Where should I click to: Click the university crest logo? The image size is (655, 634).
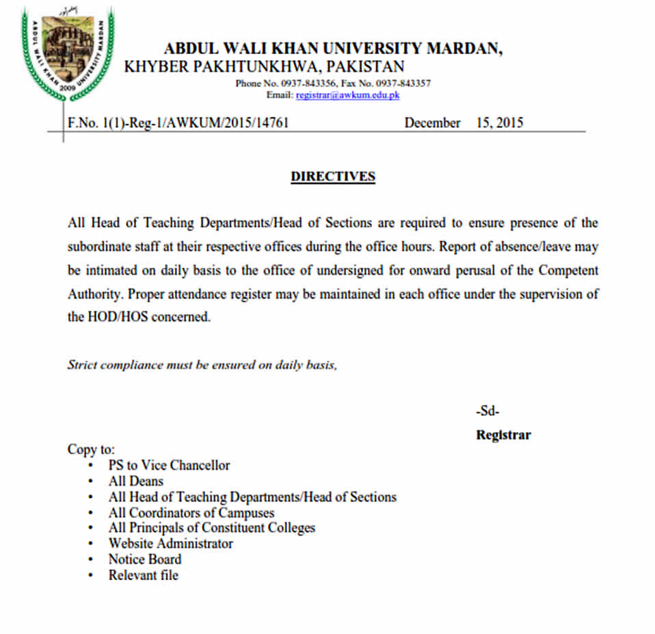(68, 53)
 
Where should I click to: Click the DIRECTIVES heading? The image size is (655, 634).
(333, 176)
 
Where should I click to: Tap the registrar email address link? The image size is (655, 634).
(347, 95)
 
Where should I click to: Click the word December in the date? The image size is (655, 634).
(432, 123)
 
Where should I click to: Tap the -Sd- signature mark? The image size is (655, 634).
(487, 412)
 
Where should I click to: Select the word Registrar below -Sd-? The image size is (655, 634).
(503, 435)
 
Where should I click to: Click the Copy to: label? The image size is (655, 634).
(91, 449)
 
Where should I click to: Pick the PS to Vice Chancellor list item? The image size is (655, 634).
(169, 465)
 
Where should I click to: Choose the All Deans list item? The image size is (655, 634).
(136, 481)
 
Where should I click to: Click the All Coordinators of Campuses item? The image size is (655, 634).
(191, 512)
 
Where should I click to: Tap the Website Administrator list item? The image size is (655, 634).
(171, 544)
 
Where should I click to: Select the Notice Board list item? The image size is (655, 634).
(145, 559)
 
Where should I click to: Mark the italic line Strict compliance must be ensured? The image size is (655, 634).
(202, 365)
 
